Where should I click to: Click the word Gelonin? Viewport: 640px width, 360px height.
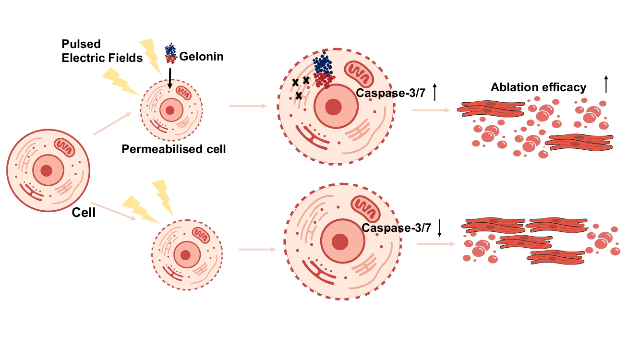pyautogui.click(x=201, y=57)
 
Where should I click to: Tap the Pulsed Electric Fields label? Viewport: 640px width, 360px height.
pyautogui.click(x=102, y=51)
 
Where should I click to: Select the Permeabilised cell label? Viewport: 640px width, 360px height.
pyautogui.click(x=173, y=149)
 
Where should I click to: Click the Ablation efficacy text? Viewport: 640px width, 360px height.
pyautogui.click(x=538, y=87)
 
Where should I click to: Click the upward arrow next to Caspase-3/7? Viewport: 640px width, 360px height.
pyautogui.click(x=435, y=92)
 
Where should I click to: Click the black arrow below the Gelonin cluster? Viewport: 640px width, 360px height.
pyautogui.click(x=170, y=78)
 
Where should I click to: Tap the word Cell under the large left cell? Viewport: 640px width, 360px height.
pyautogui.click(x=84, y=212)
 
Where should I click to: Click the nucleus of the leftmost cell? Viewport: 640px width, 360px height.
pyautogui.click(x=47, y=170)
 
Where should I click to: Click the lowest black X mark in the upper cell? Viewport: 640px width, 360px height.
pyautogui.click(x=299, y=96)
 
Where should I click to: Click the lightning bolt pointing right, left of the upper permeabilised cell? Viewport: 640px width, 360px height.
pyautogui.click(x=118, y=81)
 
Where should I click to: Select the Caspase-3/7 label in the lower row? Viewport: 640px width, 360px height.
pyautogui.click(x=397, y=228)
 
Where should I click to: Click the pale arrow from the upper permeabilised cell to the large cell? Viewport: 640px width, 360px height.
pyautogui.click(x=248, y=105)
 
